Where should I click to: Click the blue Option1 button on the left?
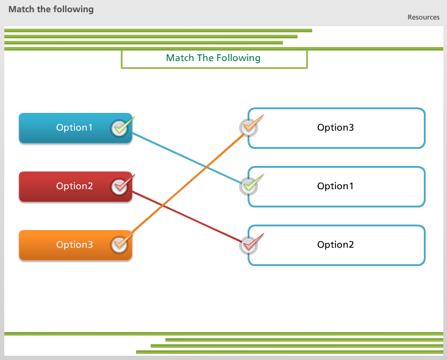pyautogui.click(x=76, y=128)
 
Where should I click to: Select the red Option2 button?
pyautogui.click(x=76, y=187)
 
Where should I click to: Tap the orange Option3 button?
pyautogui.click(x=76, y=245)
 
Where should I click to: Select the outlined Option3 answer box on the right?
pyautogui.click(x=337, y=128)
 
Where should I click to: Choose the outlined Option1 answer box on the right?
pyautogui.click(x=337, y=187)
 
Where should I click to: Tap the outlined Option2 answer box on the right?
pyautogui.click(x=337, y=245)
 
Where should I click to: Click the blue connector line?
pyautogui.click(x=187, y=158)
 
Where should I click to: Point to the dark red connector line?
pyautogui.click(x=187, y=217)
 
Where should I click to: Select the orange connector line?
pyautogui.click(x=188, y=184)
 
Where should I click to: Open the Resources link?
pyautogui.click(x=423, y=18)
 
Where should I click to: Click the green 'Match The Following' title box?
pyautogui.click(x=214, y=59)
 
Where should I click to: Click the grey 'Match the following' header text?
pyautogui.click(x=51, y=9)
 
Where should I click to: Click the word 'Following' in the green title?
pyautogui.click(x=238, y=58)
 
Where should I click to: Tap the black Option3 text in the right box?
pyautogui.click(x=335, y=128)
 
